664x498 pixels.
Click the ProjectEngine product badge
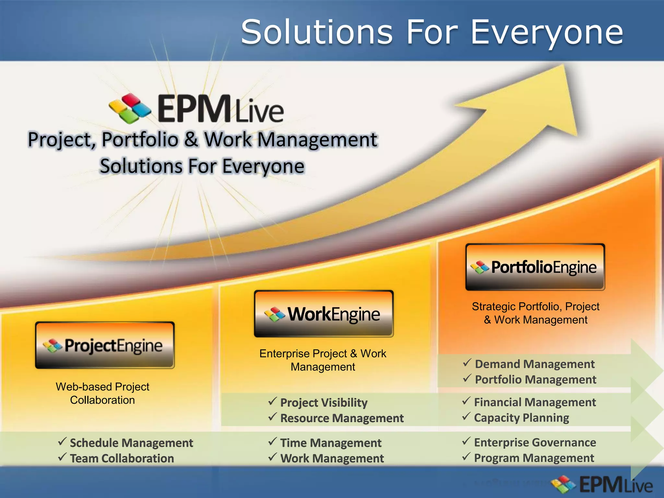[x=105, y=345]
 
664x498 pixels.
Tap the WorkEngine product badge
[x=324, y=314]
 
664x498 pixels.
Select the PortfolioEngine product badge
[x=535, y=267]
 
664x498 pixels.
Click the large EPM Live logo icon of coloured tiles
[x=130, y=109]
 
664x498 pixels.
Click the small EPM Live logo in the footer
[x=603, y=485]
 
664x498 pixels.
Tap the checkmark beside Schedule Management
[x=62, y=441]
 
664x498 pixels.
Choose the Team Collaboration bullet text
[x=122, y=458]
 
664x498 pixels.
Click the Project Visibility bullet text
[x=324, y=402]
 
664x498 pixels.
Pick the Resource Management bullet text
[x=342, y=418]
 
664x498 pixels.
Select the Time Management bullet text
[x=331, y=443]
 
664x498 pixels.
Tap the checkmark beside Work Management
[x=273, y=457]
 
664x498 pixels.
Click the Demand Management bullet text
[x=535, y=364]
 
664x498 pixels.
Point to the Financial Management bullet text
[x=535, y=402]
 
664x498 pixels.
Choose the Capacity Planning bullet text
[x=521, y=418]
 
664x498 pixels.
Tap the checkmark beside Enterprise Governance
[x=466, y=441]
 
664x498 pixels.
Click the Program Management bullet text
[x=534, y=458]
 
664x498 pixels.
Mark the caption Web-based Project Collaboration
[x=102, y=393]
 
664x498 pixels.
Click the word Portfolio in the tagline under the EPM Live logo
[x=140, y=139]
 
